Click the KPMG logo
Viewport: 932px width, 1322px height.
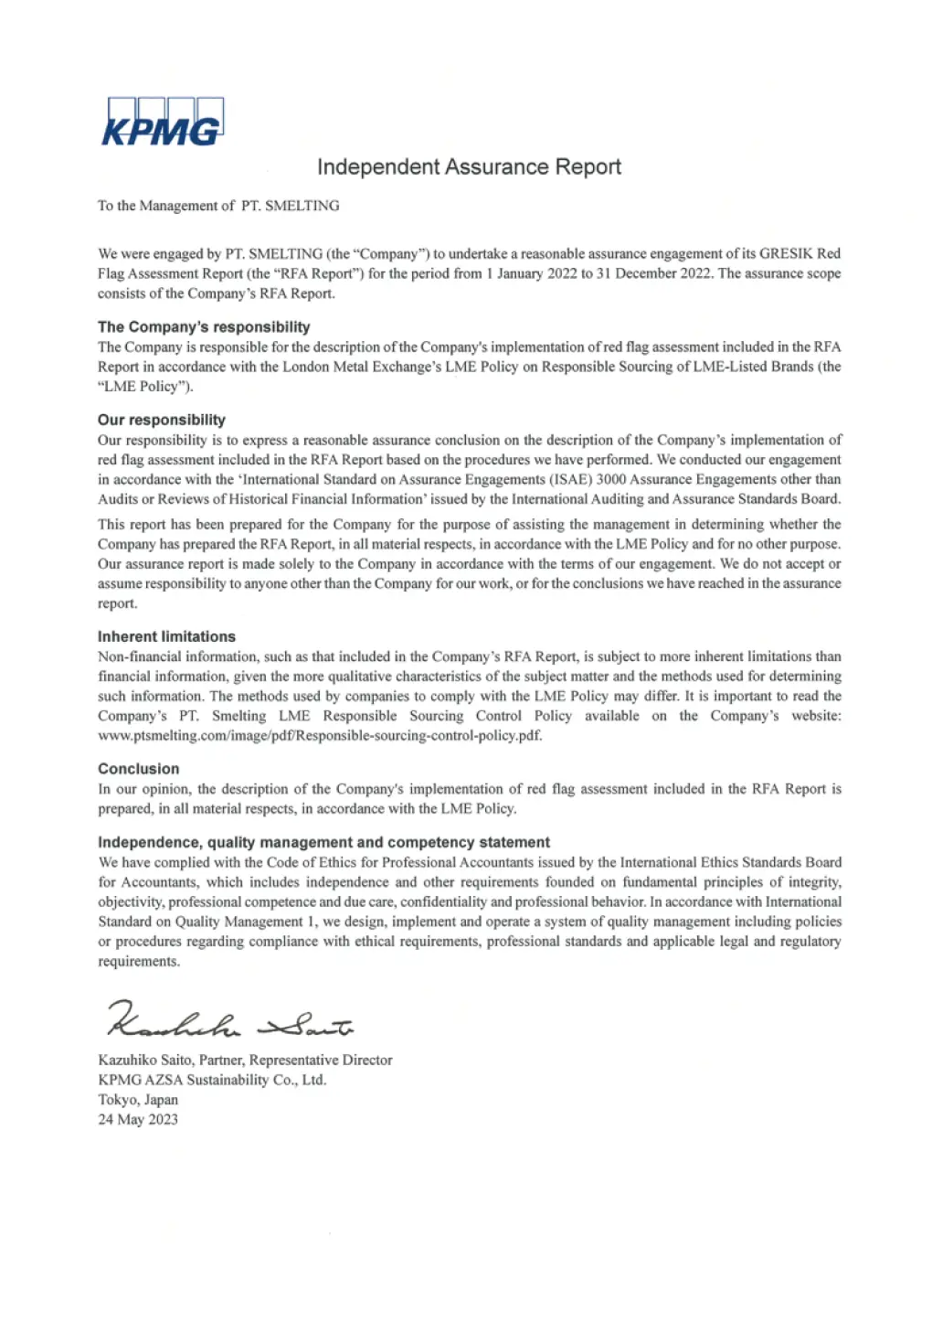[162, 123]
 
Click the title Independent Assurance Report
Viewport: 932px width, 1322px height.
[469, 167]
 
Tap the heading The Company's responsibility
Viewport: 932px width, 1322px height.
[204, 327]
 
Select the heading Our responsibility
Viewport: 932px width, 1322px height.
[162, 420]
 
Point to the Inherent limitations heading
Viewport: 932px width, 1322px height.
[166, 636]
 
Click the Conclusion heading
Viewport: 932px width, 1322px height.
[139, 769]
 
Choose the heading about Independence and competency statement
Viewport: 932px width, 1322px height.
[323, 842]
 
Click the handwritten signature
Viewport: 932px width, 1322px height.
[228, 1020]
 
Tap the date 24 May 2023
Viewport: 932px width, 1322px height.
[138, 1119]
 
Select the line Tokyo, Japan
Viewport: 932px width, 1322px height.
[138, 1100]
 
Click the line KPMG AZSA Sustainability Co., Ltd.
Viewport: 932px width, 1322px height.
[212, 1080]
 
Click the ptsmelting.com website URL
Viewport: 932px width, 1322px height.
[320, 736]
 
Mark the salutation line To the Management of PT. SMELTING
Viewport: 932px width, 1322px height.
[218, 206]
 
